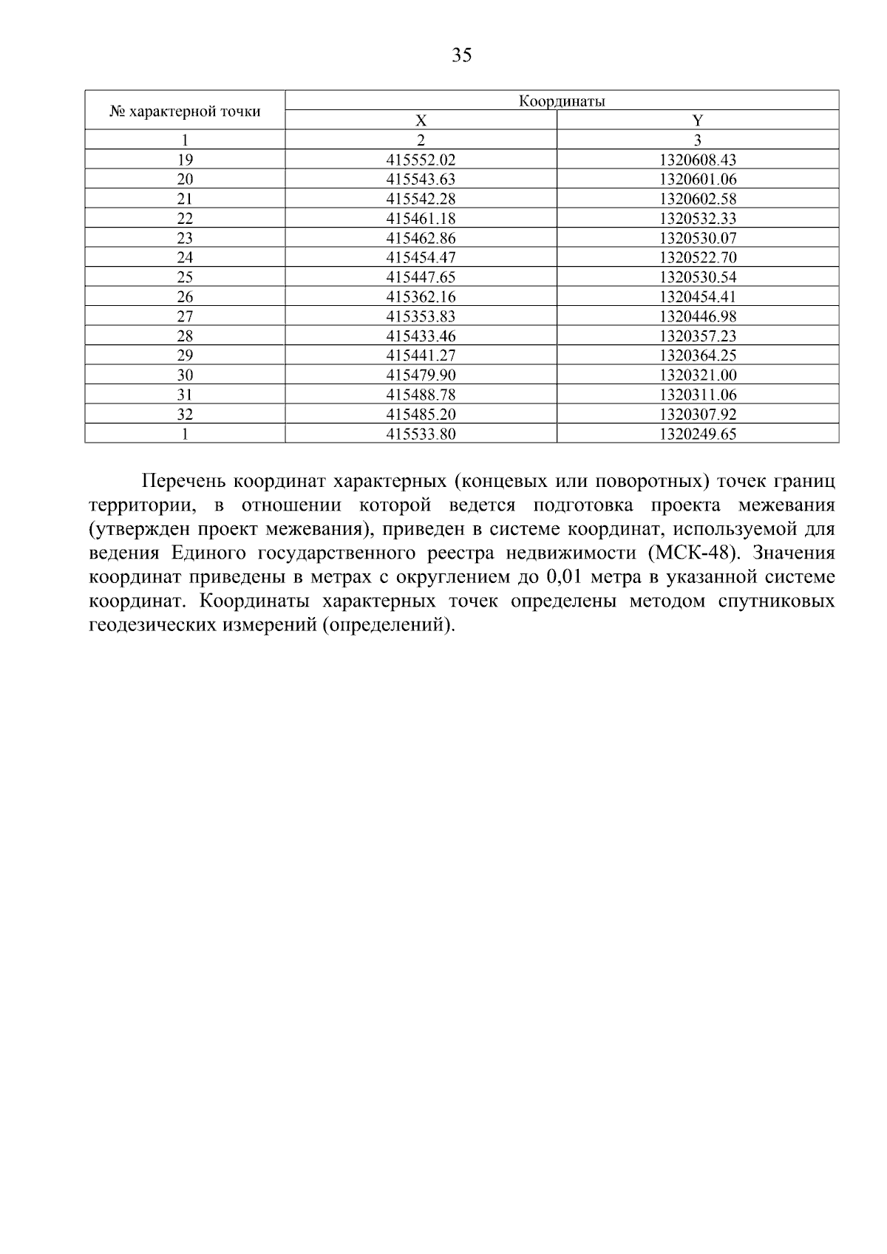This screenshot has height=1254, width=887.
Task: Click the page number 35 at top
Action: point(461,55)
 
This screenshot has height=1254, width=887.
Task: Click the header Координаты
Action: point(561,101)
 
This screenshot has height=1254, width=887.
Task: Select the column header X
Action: point(421,120)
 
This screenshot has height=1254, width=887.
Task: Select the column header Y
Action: point(697,120)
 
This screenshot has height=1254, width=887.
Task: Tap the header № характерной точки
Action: point(185,112)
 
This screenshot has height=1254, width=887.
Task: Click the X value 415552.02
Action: point(421,160)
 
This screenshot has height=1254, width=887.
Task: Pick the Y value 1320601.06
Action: point(698,180)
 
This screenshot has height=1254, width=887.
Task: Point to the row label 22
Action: point(185,219)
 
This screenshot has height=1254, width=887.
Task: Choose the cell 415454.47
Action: point(421,258)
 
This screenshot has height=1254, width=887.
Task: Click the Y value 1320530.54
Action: point(698,277)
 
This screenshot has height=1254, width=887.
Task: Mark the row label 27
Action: point(185,316)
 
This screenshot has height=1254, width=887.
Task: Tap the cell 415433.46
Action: point(421,336)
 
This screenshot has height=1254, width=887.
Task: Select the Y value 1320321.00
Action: point(698,375)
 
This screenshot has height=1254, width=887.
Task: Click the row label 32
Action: point(185,415)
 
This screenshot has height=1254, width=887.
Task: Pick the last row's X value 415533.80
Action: point(421,435)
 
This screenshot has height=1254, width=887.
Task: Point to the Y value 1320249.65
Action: point(698,435)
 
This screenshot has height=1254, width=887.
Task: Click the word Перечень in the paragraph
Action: point(183,483)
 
